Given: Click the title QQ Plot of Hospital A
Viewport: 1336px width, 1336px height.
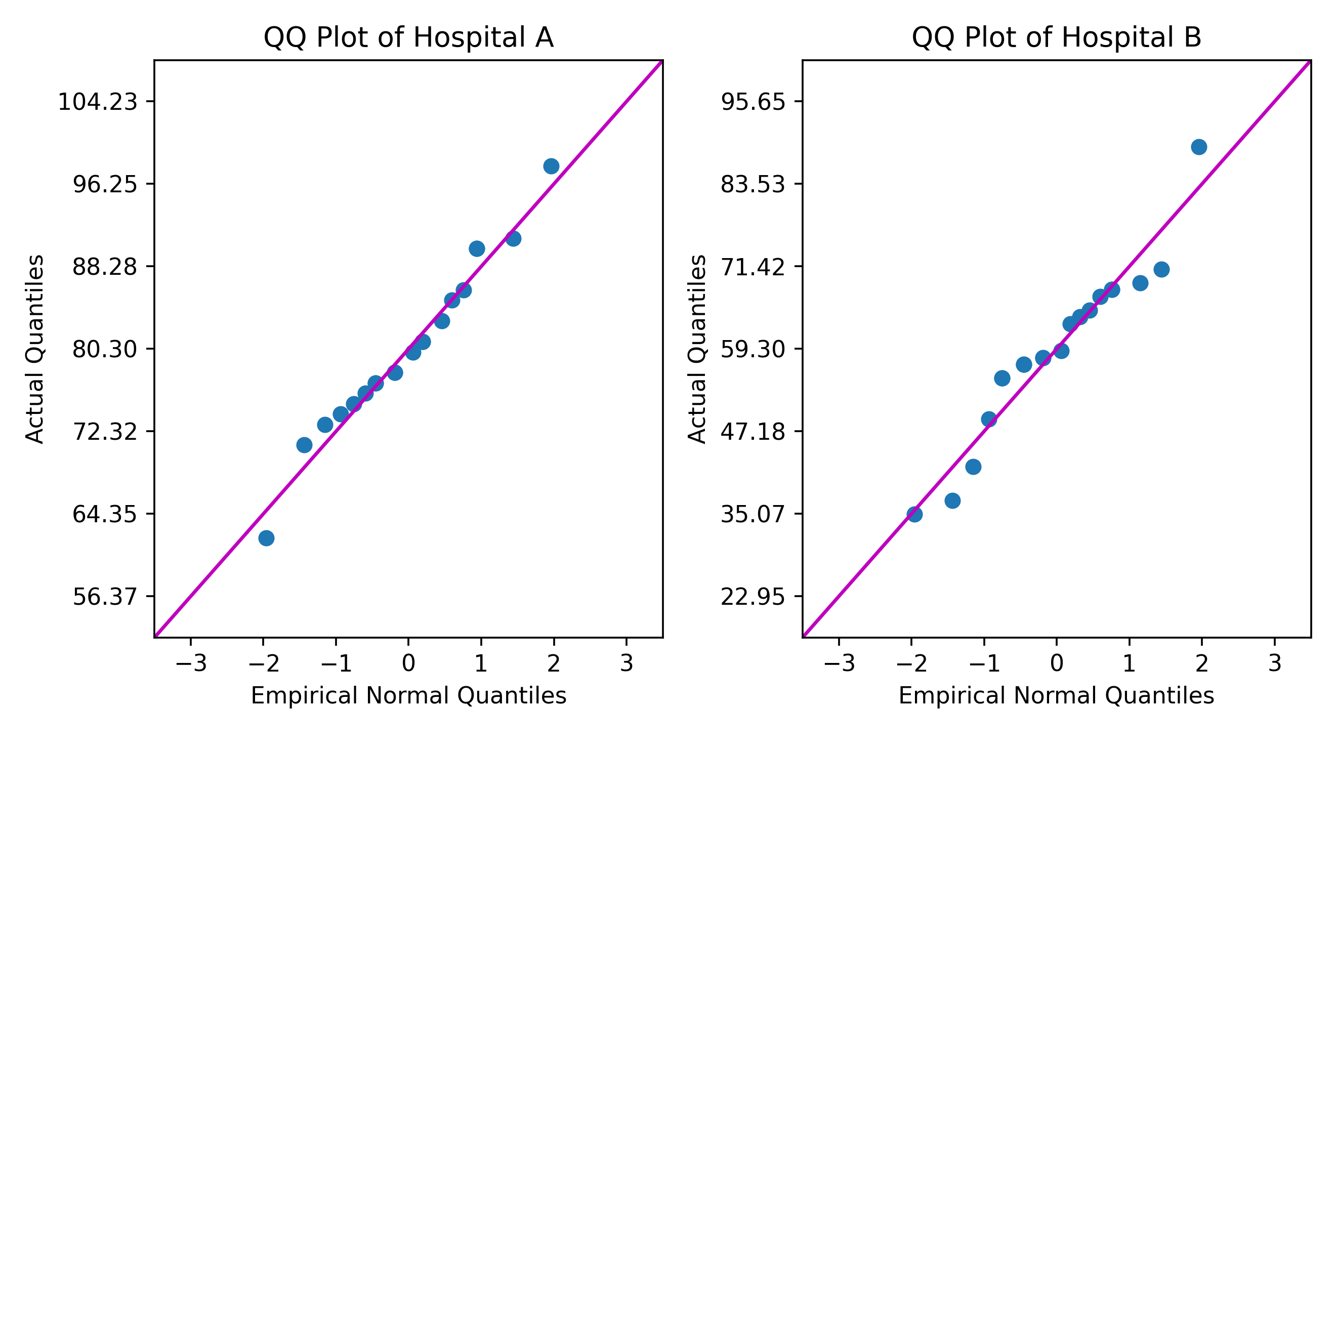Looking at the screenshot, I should pyautogui.click(x=409, y=38).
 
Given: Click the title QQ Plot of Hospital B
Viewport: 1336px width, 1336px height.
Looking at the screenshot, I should pyautogui.click(x=1056, y=38).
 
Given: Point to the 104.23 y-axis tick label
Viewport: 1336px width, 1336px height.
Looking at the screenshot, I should pyautogui.click(x=98, y=102).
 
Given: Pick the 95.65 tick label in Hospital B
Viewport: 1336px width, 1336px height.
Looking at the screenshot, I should pyautogui.click(x=753, y=102).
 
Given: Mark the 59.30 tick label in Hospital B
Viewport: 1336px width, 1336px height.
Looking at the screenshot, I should pyautogui.click(x=753, y=349).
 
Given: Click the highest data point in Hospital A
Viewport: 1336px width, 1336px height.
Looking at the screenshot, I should pyautogui.click(x=551, y=166).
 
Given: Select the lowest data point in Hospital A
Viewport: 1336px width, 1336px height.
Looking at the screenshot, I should pyautogui.click(x=266, y=538).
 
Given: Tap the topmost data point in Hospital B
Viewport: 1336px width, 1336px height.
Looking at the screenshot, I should pyautogui.click(x=1199, y=147).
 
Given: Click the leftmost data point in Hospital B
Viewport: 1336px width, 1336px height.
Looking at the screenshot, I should pyautogui.click(x=914, y=514).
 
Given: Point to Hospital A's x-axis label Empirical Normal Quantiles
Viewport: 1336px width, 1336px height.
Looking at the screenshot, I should pyautogui.click(x=409, y=696).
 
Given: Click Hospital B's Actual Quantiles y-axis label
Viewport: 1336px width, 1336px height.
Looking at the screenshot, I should pyautogui.click(x=697, y=349).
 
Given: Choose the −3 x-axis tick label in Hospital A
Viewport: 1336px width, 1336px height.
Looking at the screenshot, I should pyautogui.click(x=191, y=664).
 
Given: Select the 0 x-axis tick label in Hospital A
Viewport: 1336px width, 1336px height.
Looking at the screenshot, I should pyautogui.click(x=409, y=664).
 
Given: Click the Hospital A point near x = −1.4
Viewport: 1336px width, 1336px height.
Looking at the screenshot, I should pyautogui.click(x=304, y=445).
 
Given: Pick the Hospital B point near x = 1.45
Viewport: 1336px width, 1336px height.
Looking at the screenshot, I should pyautogui.click(x=1162, y=269).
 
